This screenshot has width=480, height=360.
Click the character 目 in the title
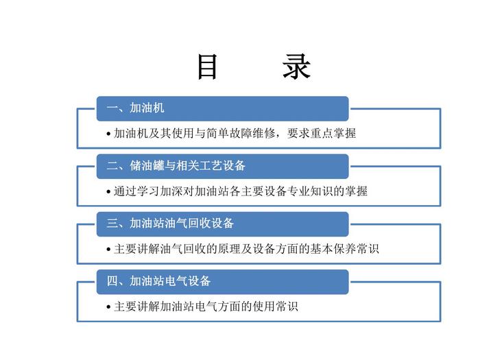(208, 67)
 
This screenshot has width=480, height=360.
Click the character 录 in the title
(296, 67)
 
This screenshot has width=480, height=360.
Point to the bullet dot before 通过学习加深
(109, 192)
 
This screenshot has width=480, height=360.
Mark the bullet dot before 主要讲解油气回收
(109, 250)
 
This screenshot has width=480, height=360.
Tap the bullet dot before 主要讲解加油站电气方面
(109, 307)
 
